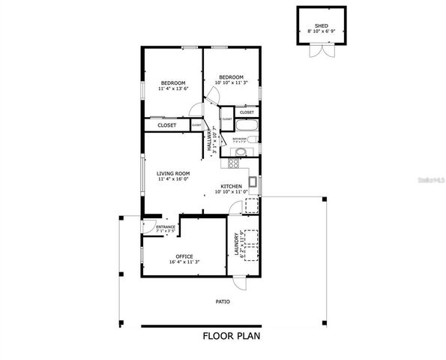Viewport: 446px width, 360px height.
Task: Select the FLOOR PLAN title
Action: tap(232, 336)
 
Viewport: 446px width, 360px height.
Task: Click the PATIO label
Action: tap(223, 301)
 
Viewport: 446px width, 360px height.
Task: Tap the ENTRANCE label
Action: tap(166, 226)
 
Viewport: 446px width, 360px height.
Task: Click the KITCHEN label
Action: tap(230, 186)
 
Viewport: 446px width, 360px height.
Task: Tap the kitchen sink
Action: tap(253, 181)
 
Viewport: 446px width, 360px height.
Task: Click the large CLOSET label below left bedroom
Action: tap(166, 125)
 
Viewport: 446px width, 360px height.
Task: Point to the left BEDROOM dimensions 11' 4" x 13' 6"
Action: tap(172, 88)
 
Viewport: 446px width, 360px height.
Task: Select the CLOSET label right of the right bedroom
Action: tap(247, 112)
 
